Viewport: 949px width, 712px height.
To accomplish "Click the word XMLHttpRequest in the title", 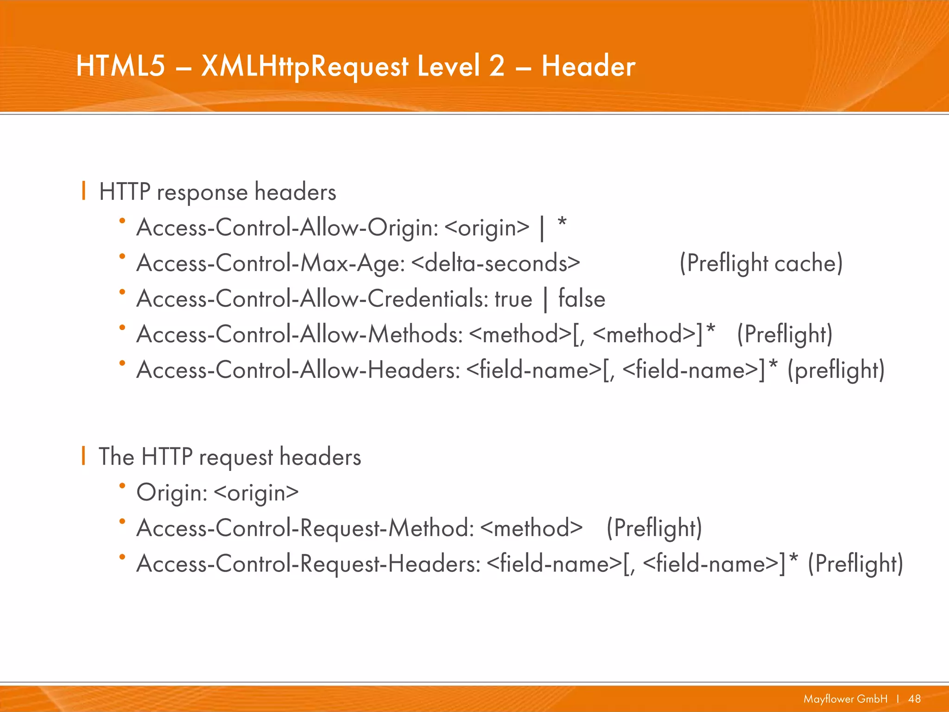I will tap(305, 66).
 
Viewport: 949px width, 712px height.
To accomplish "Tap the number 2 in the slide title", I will tap(497, 66).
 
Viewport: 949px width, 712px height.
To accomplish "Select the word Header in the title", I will tap(588, 66).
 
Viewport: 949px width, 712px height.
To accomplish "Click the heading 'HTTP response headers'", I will tap(217, 192).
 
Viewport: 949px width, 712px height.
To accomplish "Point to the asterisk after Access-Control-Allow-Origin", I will tap(562, 223).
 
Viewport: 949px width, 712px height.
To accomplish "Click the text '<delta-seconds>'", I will tap(495, 263).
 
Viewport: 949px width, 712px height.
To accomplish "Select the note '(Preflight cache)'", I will tap(761, 263).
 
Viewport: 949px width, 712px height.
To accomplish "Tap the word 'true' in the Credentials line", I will tap(513, 299).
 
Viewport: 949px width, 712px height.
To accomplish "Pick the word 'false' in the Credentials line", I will tap(582, 299).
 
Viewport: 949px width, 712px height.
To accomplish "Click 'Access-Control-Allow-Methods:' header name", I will tap(299, 334).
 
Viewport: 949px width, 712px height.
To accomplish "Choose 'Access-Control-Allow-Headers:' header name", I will tap(298, 370).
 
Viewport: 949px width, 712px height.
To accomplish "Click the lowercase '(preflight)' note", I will tap(836, 370).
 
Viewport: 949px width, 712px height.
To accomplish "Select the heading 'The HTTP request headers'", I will tap(230, 457).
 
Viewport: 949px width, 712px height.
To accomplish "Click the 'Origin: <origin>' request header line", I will tap(217, 492).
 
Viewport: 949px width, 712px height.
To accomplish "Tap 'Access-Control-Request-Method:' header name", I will tap(305, 528).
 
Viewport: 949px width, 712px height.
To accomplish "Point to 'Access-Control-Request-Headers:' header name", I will tap(308, 564).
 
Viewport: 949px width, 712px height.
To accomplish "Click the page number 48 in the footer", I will tap(914, 699).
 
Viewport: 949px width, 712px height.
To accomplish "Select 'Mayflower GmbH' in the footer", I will tap(845, 699).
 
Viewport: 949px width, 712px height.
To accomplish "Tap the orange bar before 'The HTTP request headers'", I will tap(83, 455).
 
